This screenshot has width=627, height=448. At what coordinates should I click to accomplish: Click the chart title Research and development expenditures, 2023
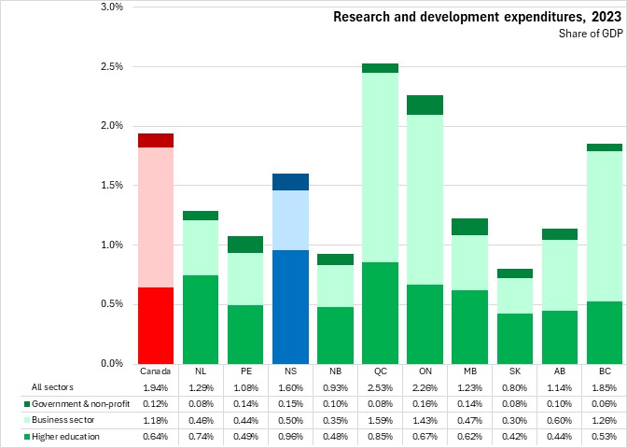(x=477, y=16)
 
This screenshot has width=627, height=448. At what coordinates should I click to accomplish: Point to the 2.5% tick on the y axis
(x=111, y=67)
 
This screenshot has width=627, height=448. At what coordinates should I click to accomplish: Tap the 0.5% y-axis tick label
(x=111, y=304)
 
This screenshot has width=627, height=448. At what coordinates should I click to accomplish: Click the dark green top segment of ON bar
(x=425, y=105)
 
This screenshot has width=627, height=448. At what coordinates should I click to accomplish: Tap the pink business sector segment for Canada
(x=156, y=217)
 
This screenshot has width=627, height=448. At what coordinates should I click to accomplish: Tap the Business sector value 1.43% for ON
(x=425, y=419)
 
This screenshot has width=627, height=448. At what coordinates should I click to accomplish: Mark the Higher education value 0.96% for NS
(x=290, y=436)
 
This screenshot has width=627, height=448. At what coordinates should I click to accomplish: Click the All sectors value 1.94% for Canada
(x=156, y=386)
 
